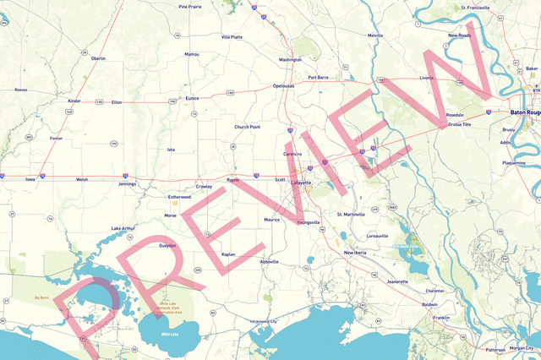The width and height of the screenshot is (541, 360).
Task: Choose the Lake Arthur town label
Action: pos(123,228)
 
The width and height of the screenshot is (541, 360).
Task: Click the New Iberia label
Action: pos(355,253)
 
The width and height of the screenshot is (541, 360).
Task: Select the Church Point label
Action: pos(248,127)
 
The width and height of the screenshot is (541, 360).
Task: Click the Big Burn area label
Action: pos(41,297)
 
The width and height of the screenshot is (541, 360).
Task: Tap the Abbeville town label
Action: pos(270,262)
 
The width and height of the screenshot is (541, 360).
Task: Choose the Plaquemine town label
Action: pos(514,161)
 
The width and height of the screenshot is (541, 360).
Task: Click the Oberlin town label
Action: pos(98,58)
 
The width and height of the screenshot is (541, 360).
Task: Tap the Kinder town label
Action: pos(74,101)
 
